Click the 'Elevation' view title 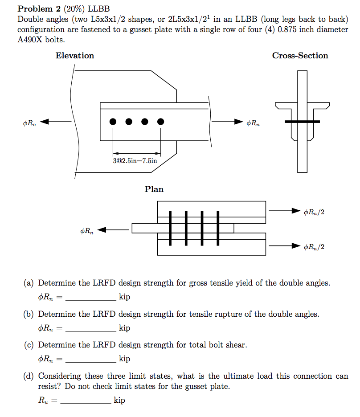75,56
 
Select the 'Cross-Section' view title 300,56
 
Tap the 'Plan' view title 154,189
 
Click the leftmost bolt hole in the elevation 113,121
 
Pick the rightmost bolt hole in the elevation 160,121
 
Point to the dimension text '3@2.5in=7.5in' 135,160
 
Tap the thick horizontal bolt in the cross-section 302,121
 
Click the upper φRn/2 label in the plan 314,212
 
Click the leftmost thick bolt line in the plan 170,228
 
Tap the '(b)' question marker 29,314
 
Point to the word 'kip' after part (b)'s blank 124,328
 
